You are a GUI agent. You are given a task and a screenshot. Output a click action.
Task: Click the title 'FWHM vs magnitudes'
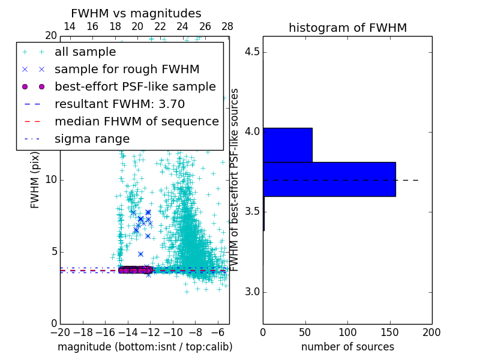click(136, 13)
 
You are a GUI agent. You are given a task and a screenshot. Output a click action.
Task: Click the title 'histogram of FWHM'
click(347, 28)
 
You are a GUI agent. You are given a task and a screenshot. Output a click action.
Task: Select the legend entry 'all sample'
click(85, 52)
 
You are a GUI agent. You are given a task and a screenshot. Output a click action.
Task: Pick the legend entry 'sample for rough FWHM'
click(127, 70)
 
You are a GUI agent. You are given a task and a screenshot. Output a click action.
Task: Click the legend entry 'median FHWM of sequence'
click(136, 122)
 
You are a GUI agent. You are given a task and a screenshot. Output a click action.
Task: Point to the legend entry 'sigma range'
click(92, 139)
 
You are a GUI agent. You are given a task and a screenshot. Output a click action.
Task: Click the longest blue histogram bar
click(329, 179)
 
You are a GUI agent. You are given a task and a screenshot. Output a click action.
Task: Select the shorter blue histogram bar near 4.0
click(287, 145)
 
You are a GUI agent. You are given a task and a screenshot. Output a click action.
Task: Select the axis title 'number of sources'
click(347, 347)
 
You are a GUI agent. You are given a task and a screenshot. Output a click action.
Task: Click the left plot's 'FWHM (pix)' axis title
click(35, 179)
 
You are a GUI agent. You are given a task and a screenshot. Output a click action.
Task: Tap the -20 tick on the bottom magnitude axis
click(60, 332)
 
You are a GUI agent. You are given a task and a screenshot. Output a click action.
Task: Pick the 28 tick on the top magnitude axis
click(227, 27)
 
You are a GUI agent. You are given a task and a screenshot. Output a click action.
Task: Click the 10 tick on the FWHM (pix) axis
click(51, 180)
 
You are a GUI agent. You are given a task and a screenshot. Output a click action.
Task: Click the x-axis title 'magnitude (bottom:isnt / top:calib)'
click(145, 347)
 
